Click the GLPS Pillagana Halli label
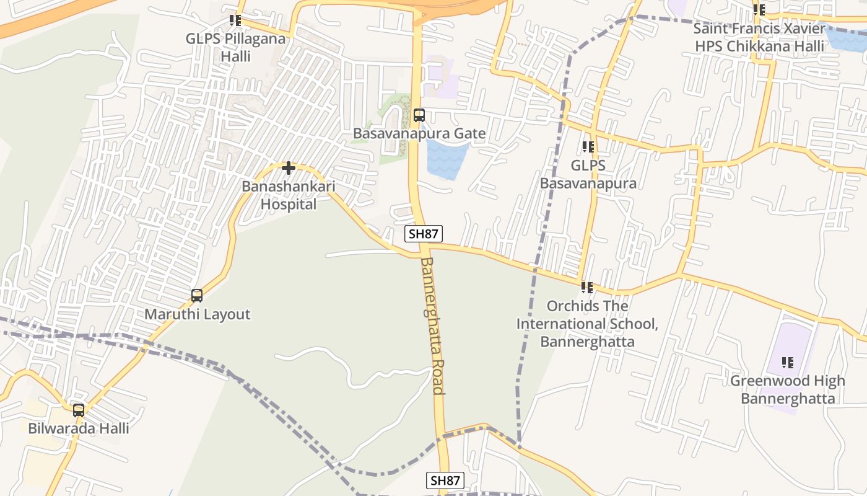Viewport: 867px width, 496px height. (x=236, y=47)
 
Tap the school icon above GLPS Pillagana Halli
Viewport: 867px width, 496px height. (x=235, y=20)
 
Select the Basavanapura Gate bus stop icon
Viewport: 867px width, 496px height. (x=419, y=115)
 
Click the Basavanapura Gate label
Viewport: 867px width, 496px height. (x=419, y=133)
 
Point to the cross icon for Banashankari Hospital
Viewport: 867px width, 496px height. (x=288, y=167)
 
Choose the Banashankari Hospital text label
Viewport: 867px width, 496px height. (x=288, y=195)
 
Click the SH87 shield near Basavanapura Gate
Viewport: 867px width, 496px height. (x=424, y=234)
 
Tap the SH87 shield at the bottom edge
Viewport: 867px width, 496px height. (x=445, y=480)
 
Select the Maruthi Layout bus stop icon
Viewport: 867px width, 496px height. (x=197, y=296)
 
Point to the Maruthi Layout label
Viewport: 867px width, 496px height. (x=198, y=314)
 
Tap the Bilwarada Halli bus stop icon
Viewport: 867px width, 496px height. (x=79, y=410)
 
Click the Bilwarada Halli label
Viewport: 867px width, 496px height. (x=79, y=428)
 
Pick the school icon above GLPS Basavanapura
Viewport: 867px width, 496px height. (x=588, y=147)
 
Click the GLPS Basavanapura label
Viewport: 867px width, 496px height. (x=588, y=174)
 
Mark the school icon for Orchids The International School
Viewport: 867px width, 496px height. (x=587, y=288)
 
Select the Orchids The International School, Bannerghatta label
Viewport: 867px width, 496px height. (x=587, y=324)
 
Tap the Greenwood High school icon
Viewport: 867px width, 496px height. (x=788, y=362)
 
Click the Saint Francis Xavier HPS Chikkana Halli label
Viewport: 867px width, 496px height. (x=759, y=37)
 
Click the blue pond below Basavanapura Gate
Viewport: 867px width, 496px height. (x=445, y=159)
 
